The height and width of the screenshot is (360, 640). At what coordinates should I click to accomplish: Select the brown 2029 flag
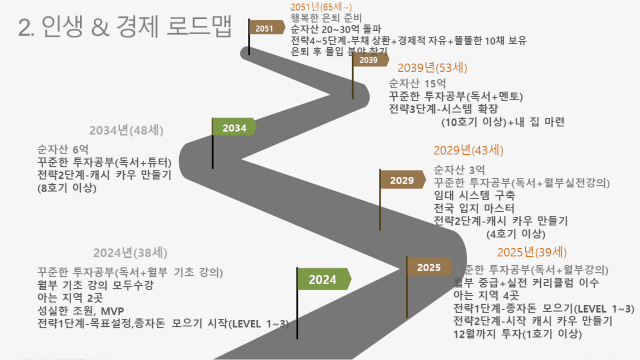(x=403, y=179)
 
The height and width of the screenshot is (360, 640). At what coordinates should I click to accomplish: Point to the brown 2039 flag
(x=371, y=60)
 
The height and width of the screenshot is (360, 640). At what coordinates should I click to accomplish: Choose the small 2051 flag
(x=267, y=27)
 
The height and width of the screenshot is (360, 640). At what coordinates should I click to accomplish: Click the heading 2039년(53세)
(x=432, y=68)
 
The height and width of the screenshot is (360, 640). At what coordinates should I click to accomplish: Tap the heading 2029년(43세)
(x=468, y=151)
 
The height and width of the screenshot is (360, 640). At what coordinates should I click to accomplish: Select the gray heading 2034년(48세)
(x=126, y=131)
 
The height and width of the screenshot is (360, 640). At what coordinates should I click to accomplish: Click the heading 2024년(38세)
(x=131, y=253)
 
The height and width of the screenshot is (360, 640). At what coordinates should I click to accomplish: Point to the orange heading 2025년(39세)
(x=532, y=252)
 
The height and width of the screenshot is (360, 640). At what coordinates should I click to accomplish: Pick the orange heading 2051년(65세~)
(x=321, y=6)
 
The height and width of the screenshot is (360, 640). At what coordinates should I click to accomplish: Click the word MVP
(x=112, y=311)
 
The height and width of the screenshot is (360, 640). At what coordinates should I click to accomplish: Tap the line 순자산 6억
(x=63, y=149)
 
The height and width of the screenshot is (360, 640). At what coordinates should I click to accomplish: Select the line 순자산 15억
(x=417, y=84)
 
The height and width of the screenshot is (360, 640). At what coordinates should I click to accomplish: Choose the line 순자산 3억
(x=459, y=169)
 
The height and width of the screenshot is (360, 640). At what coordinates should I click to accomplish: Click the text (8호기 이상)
(x=67, y=188)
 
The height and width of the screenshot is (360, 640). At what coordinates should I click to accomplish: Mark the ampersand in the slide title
(x=101, y=27)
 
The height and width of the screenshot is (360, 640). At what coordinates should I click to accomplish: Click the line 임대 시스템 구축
(x=474, y=195)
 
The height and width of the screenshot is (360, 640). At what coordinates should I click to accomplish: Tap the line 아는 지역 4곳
(x=486, y=295)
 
